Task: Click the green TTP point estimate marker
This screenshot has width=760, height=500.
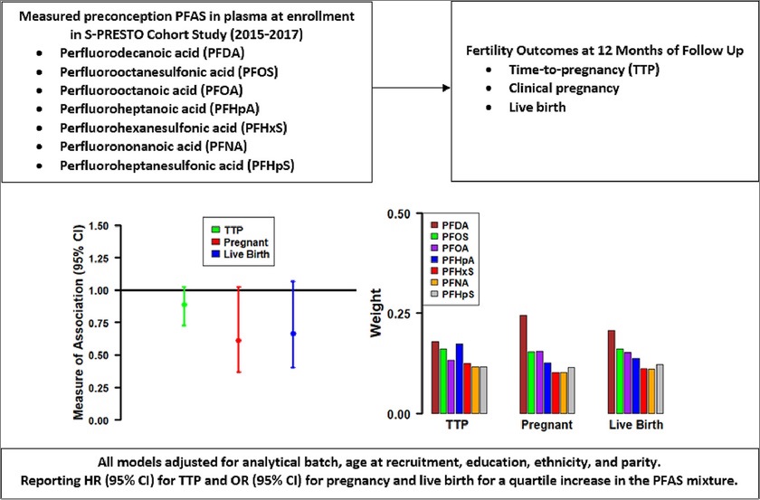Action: coord(185,305)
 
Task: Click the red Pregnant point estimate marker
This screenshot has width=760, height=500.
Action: coord(238,341)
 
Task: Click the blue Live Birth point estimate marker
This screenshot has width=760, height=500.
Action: coord(292,334)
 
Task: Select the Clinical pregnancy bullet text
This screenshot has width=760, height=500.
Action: coord(551,90)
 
